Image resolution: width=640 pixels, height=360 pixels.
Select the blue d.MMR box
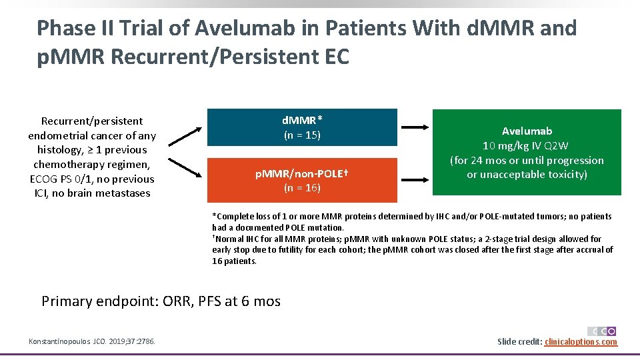point(302,127)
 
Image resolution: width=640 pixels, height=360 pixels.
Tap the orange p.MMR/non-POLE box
point(302,181)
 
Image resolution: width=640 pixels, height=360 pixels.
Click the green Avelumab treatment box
point(527,153)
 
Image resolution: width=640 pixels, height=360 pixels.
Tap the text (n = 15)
point(302,135)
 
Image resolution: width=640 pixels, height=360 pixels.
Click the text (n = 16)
point(302,188)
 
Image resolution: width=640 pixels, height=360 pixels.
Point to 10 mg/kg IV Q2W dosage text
point(527,145)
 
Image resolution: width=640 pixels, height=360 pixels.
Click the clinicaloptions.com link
point(581,342)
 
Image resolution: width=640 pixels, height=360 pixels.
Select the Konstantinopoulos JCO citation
point(92,342)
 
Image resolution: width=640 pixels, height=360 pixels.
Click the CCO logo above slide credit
point(602,331)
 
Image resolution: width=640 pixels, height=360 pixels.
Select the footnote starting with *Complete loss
point(411,222)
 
